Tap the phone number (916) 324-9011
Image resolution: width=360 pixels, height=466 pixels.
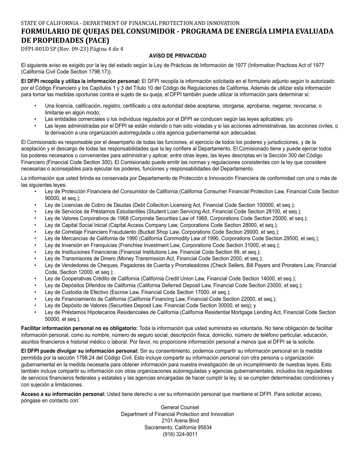[x=177, y=435]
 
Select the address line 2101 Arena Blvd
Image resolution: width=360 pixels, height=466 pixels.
[x=177, y=421]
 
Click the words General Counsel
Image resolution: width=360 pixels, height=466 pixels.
[x=177, y=407]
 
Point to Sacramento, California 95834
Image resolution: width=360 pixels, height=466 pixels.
[x=177, y=428]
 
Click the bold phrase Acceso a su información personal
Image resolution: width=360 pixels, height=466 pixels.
[x=63, y=394]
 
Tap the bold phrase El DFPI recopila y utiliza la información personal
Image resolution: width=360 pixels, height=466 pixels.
[x=81, y=81]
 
